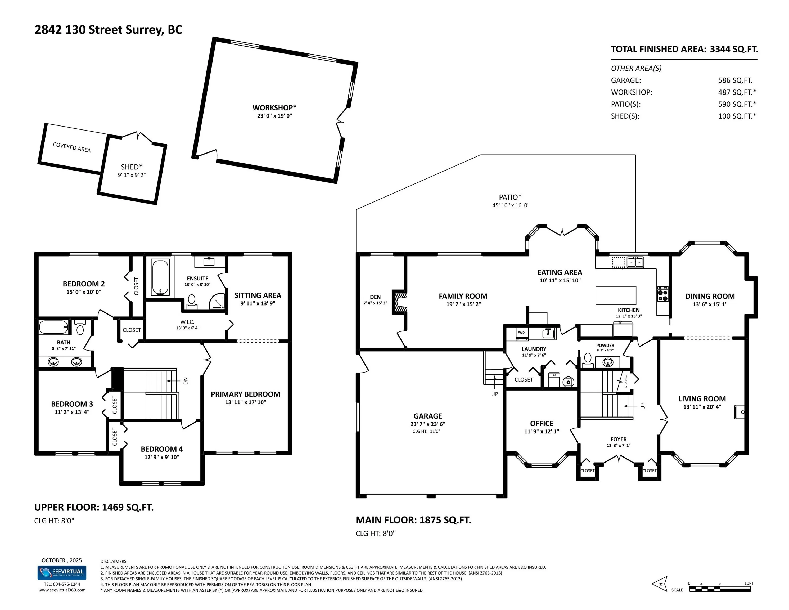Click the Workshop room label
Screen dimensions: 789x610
pos(274,108)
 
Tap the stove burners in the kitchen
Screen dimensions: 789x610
pos(662,294)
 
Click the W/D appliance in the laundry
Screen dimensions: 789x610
pos(521,334)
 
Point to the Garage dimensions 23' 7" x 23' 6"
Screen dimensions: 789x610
pos(428,424)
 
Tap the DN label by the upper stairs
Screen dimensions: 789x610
pos(186,381)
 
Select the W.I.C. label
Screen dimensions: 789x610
pos(187,322)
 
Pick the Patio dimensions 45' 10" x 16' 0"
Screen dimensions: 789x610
pos(511,205)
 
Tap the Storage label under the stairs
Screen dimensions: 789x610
pos(626,381)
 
